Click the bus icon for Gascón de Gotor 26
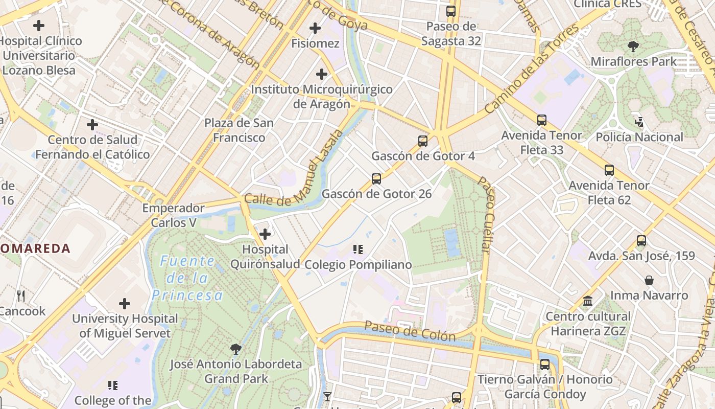pos(376,178)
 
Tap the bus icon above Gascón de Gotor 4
pos(423,141)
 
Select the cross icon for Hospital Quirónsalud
pos(265,234)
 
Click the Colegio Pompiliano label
pos(358,264)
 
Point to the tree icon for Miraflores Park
pos(633,47)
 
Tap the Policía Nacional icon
pos(639,122)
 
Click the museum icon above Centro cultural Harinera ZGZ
pos(588,301)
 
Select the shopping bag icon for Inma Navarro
pos(649,280)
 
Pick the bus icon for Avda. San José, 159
pos(641,240)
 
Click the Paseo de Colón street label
pos(410,331)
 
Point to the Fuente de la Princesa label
pos(187,278)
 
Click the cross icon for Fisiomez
pos(315,28)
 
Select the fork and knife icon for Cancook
pos(21,296)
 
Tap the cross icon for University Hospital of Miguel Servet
pos(125,304)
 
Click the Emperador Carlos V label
pos(174,215)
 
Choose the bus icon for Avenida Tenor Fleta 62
pos(609,170)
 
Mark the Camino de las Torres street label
pos(532,70)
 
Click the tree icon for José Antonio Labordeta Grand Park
pos(235,349)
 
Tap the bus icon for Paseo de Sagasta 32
pos(451,11)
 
